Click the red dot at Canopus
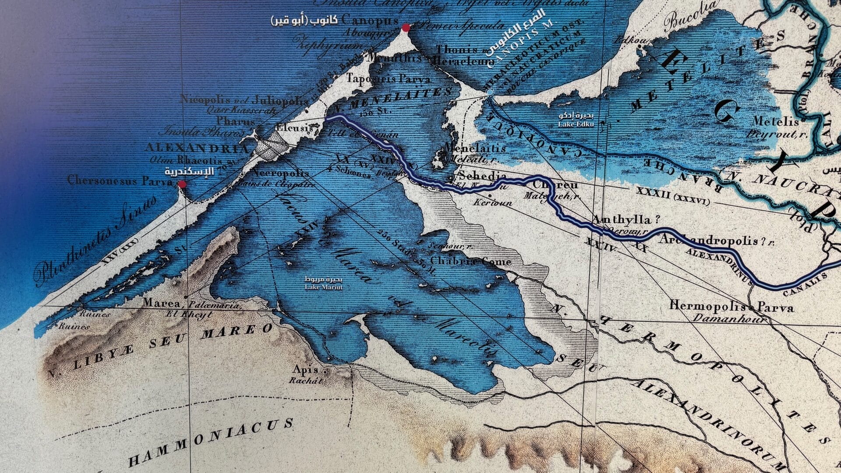[406, 28]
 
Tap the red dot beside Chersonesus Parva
[183, 184]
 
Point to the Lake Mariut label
[324, 283]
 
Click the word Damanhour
[728, 318]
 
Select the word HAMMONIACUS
[211, 443]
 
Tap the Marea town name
[161, 303]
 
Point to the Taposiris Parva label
[388, 79]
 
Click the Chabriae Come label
[471, 261]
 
